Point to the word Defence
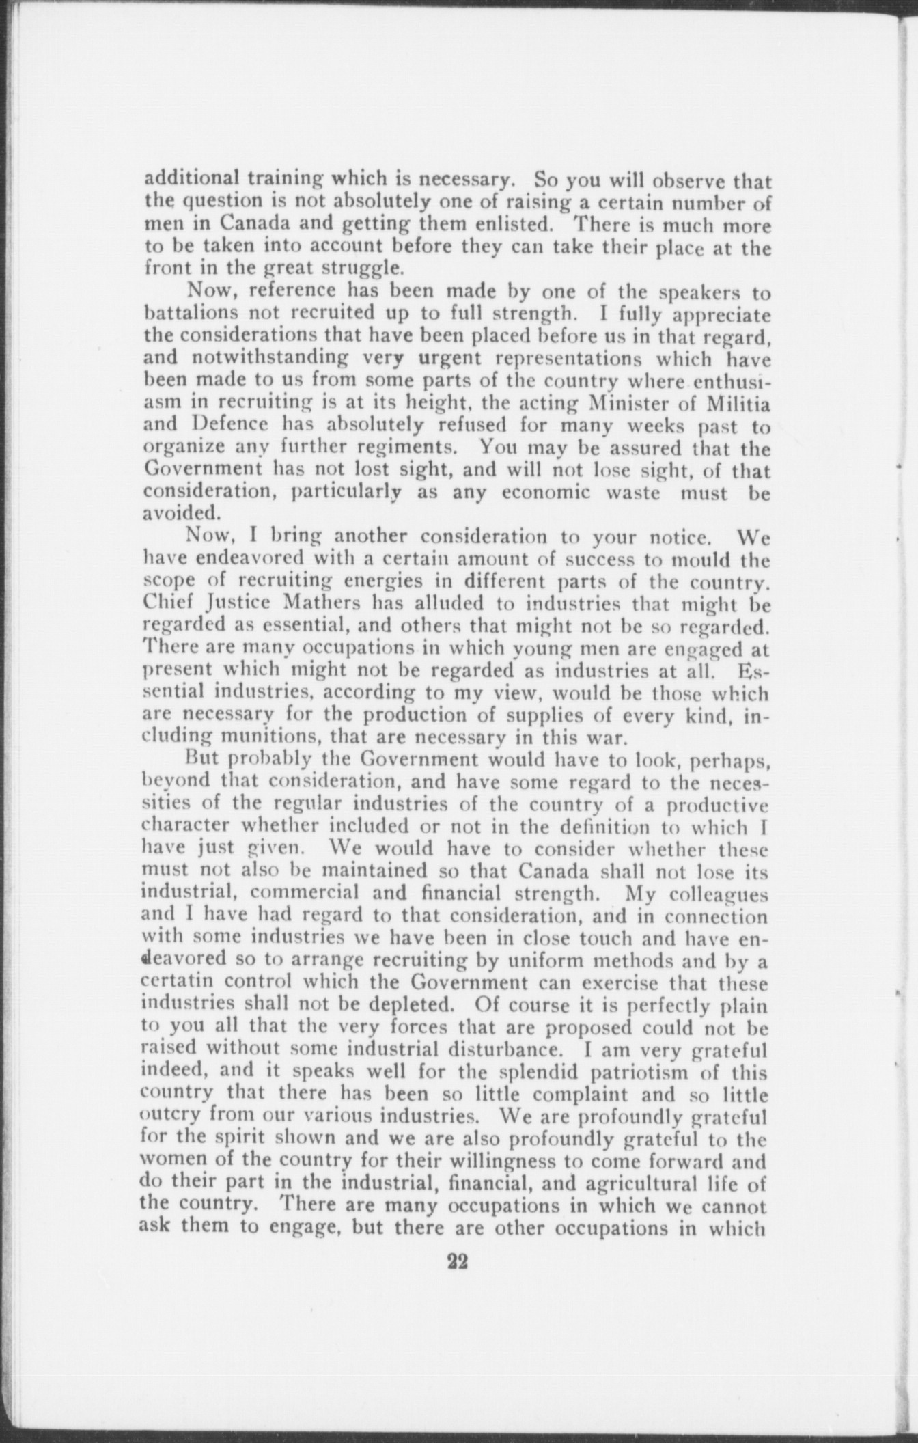click(x=232, y=426)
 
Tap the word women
click(x=171, y=1162)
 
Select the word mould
click(x=697, y=560)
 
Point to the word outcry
click(x=170, y=1118)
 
